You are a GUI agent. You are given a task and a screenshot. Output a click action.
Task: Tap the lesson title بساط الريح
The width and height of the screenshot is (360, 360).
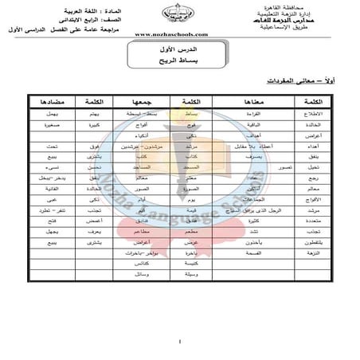click(180, 61)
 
